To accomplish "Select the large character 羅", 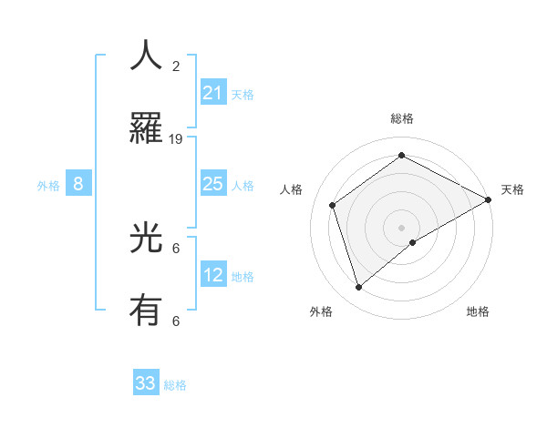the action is tap(146, 127).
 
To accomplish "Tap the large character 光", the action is tap(146, 239).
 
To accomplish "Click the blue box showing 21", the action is tap(213, 93).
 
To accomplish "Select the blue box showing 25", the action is tap(213, 184).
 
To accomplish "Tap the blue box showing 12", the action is tap(213, 275).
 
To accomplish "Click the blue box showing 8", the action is tap(78, 184).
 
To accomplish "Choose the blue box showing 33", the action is tap(146, 383).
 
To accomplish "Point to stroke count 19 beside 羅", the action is tap(176, 139).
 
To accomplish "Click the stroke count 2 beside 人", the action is tap(176, 66).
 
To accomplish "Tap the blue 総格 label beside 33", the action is tap(175, 385).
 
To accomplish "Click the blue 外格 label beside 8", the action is tap(48, 186).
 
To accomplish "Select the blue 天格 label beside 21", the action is tap(243, 95).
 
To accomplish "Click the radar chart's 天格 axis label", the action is tap(512, 189).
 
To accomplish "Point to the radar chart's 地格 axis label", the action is tap(478, 311).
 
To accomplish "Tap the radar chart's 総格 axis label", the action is tap(402, 118).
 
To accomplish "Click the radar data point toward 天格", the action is tap(489, 200).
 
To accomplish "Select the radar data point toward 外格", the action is tap(359, 288).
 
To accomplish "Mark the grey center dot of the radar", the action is tap(402, 227).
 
